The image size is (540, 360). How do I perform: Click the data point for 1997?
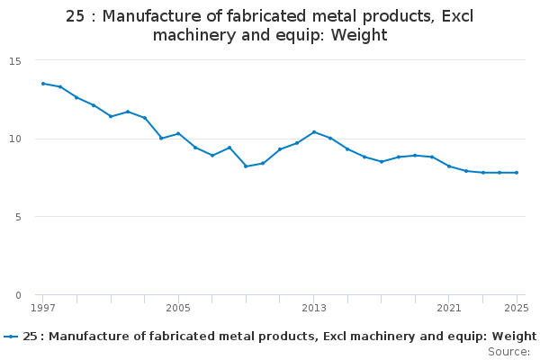click(43, 84)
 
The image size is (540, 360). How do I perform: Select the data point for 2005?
click(178, 133)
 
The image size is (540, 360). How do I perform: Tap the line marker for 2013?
click(314, 132)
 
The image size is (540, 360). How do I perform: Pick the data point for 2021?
click(449, 166)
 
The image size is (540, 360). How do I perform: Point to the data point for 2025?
click(517, 173)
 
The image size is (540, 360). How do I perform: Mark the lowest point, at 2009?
click(246, 166)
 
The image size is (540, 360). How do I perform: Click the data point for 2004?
click(161, 138)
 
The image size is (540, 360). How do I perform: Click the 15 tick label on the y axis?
click(15, 60)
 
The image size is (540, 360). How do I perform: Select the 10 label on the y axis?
click(15, 139)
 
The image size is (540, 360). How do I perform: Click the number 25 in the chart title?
click(76, 16)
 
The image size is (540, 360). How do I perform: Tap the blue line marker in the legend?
click(11, 337)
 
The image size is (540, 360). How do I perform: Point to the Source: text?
click(508, 351)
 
